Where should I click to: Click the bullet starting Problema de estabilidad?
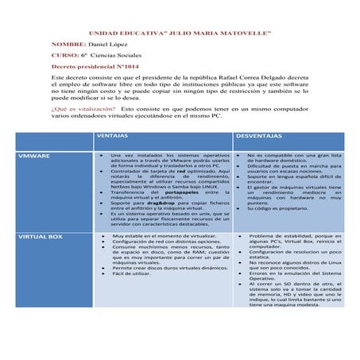291,236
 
